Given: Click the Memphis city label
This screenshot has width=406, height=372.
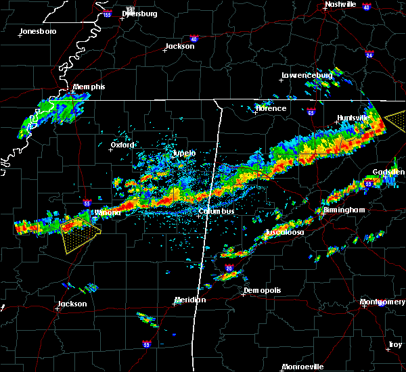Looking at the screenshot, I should tap(89, 87).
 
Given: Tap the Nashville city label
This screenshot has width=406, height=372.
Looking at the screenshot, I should tap(340, 4).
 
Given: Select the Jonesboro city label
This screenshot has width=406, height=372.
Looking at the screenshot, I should tap(38, 32).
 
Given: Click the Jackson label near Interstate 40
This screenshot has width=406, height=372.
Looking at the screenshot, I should tap(179, 47).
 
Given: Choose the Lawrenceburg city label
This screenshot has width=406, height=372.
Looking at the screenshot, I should tap(307, 75).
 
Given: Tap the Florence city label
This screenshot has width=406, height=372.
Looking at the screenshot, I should tap(271, 108).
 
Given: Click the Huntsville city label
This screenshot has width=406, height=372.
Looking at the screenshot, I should tap(354, 118).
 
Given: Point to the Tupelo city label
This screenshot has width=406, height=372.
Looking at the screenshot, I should tap(184, 154).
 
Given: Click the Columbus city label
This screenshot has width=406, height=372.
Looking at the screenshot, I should tap(217, 212).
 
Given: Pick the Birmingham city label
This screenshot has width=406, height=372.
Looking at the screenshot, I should tap(344, 210).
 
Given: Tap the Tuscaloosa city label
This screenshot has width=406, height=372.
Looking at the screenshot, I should tap(284, 232).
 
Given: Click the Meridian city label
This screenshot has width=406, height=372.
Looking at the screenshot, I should tap(190, 300).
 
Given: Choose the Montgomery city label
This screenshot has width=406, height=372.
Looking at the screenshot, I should tap(383, 302).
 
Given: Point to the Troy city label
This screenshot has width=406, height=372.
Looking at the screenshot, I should tap(394, 345).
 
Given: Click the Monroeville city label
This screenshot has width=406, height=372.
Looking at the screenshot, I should tap(302, 367).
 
